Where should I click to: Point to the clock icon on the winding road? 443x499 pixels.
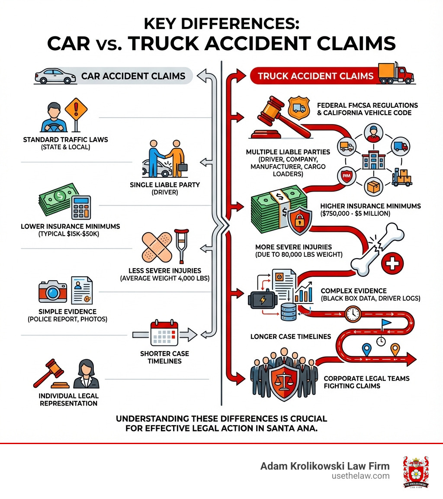tap(353, 313)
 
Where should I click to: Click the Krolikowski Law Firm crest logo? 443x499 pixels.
tap(415, 472)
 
